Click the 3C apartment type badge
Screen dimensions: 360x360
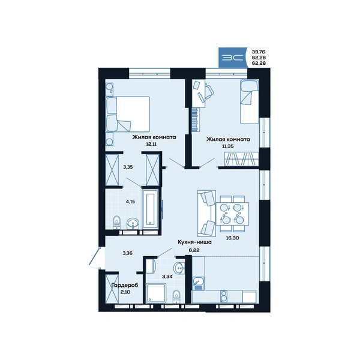tap(233, 58)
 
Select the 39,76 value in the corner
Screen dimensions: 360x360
tap(259, 52)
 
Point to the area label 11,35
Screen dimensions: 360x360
tap(228, 146)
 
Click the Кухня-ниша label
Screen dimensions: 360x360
tap(194, 242)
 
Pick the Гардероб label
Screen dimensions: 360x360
tap(125, 285)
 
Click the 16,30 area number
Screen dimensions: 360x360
tap(232, 238)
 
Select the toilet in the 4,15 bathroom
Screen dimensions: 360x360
tap(117, 222)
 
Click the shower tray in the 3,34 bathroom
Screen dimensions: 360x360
tap(157, 293)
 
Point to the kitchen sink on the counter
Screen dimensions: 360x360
tap(198, 283)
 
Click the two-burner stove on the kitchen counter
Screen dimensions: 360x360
tap(223, 296)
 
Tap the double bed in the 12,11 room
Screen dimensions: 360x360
tap(128, 114)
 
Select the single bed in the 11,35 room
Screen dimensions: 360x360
tap(250, 101)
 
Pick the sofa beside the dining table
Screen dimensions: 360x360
tap(206, 213)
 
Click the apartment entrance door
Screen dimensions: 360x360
tap(95, 257)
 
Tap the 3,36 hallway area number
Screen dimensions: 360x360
tap(127, 253)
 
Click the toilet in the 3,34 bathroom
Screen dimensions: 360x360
tap(176, 296)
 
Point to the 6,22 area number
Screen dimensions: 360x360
tap(194, 250)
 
